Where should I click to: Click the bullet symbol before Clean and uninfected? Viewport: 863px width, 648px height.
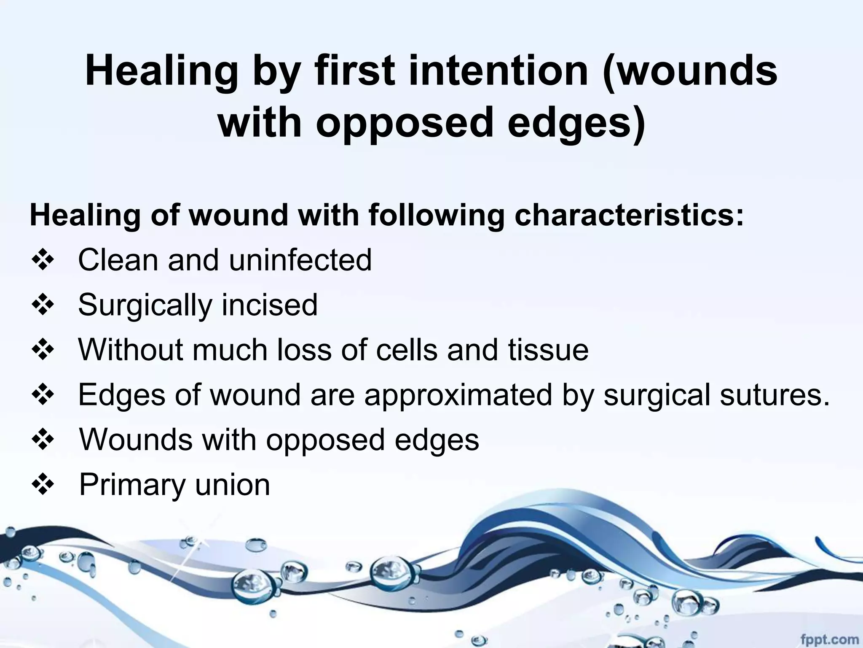tap(43, 260)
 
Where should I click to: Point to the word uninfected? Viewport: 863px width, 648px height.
tap(300, 260)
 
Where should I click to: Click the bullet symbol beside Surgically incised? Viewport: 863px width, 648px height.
tap(43, 305)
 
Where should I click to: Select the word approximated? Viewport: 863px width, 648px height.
tap(458, 395)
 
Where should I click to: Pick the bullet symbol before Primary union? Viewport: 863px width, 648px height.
tap(43, 485)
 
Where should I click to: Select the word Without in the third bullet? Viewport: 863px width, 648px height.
tap(131, 350)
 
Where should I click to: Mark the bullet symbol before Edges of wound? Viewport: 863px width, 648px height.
tap(43, 395)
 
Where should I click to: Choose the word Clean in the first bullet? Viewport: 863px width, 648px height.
tap(118, 260)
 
